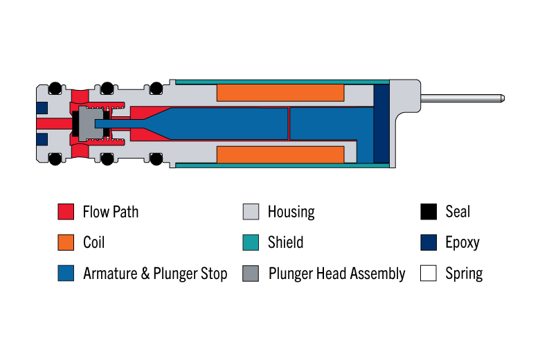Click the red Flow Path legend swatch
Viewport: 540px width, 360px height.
(x=66, y=212)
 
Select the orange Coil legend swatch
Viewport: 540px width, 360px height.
(x=66, y=242)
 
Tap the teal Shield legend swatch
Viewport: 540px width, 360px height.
(x=251, y=242)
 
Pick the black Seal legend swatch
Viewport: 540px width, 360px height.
(x=429, y=212)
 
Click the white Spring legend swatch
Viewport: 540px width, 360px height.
(x=429, y=273)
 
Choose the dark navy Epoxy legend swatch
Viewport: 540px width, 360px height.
(x=429, y=242)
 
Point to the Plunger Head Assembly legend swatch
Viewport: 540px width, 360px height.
(x=251, y=273)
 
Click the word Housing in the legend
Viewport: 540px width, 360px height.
(x=291, y=212)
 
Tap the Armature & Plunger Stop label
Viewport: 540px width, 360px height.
(x=155, y=273)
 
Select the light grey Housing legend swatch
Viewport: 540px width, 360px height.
(x=251, y=212)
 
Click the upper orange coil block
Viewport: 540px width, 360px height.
(x=280, y=93)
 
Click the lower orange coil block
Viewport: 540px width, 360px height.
(x=280, y=154)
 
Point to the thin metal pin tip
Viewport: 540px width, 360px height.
(x=503, y=98)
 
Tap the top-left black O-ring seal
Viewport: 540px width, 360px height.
(x=55, y=88)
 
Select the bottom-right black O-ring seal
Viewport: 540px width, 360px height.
(x=156, y=159)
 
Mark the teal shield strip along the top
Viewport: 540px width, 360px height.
(x=282, y=82)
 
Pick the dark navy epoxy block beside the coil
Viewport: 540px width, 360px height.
(x=381, y=124)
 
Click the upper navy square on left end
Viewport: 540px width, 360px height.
(x=42, y=107)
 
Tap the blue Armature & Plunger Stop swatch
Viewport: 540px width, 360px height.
(x=66, y=273)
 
